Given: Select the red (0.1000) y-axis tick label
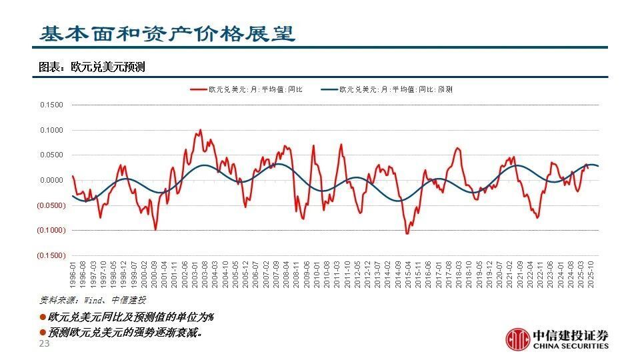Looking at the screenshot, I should click(51, 230).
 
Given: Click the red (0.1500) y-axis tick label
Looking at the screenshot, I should click(51, 255).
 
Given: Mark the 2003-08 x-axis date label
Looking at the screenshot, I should click(205, 274).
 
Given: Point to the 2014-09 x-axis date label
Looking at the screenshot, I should click(397, 274).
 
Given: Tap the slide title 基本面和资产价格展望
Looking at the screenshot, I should click(167, 34).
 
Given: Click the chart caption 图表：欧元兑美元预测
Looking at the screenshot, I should click(92, 67).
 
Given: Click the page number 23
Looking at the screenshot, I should click(45, 344).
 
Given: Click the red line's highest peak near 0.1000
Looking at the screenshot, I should click(200, 130).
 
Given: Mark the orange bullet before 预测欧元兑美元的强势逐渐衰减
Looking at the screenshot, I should click(43, 331).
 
